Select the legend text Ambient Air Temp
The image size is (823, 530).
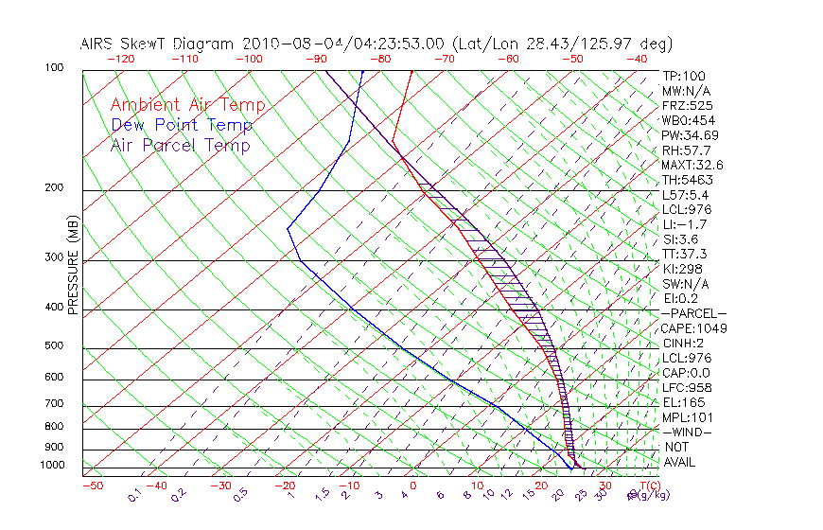(187, 105)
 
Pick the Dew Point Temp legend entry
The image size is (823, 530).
(182, 125)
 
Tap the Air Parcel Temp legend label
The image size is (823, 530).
(180, 145)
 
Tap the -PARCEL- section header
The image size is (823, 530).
(693, 313)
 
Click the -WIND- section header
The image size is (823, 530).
(688, 433)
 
